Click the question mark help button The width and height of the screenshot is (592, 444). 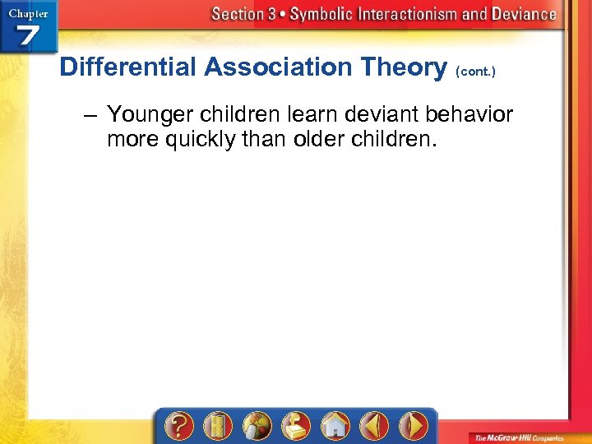click(180, 426)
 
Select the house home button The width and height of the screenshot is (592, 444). click(335, 426)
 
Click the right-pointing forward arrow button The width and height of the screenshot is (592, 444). click(413, 426)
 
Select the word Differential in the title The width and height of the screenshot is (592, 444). click(127, 67)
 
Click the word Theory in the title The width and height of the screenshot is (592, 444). click(409, 67)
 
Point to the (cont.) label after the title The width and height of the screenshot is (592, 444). click(475, 72)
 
